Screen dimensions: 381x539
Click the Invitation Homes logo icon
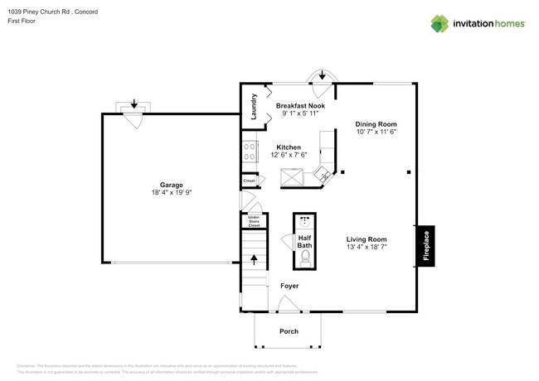click(439, 22)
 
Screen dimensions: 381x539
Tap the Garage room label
click(171, 185)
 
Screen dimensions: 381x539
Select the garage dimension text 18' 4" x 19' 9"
click(171, 193)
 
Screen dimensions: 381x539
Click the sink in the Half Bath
click(305, 222)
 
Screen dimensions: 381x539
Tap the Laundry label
click(255, 108)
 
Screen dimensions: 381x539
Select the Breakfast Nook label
click(300, 105)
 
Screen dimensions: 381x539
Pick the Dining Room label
click(376, 123)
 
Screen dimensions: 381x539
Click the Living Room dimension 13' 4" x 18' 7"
click(367, 247)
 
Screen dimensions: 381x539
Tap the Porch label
click(289, 331)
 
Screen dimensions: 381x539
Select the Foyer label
click(289, 286)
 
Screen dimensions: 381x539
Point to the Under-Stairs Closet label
click(255, 221)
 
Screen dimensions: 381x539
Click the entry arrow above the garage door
click(134, 105)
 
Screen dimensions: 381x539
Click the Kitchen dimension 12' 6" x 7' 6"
click(289, 155)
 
